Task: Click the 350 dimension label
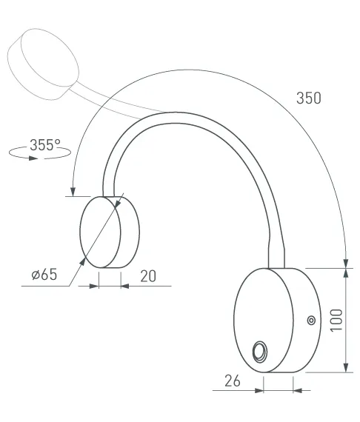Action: [309, 98]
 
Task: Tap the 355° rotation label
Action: [45, 145]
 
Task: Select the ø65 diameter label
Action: [44, 275]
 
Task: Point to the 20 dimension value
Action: [148, 276]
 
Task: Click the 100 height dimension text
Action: [336, 321]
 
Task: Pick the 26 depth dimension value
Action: [232, 381]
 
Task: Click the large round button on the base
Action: [260, 352]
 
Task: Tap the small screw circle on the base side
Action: [311, 321]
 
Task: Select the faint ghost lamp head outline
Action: [43, 64]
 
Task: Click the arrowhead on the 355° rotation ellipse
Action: [33, 158]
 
